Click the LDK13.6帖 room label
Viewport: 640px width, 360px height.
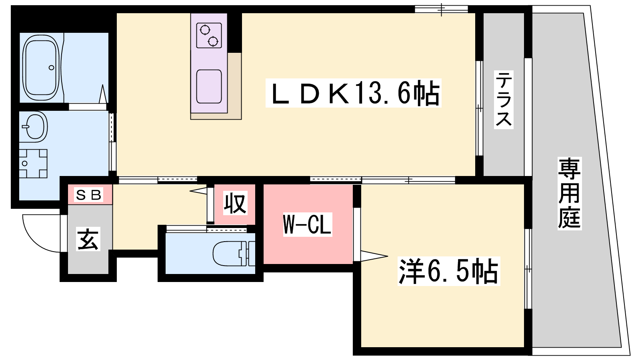coord(354,93)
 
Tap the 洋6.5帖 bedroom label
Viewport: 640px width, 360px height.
coord(448,271)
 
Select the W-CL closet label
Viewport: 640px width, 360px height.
coord(308,224)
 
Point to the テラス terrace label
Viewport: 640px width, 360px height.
coord(504,100)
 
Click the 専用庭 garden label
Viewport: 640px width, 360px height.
coord(570,194)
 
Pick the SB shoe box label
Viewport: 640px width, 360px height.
coord(88,195)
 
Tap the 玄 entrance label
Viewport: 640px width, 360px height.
coord(88,239)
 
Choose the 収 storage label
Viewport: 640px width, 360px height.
coord(235,203)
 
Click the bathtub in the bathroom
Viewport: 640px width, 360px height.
coord(42,68)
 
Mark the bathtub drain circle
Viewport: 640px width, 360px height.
coord(52,68)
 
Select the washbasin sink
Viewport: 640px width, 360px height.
coord(34,127)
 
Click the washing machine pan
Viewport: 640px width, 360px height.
coord(33,164)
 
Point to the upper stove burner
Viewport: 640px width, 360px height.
coord(205,30)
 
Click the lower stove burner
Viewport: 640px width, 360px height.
coord(213,42)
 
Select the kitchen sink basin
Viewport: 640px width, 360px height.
coord(209,86)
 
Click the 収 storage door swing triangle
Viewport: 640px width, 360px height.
coord(198,190)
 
